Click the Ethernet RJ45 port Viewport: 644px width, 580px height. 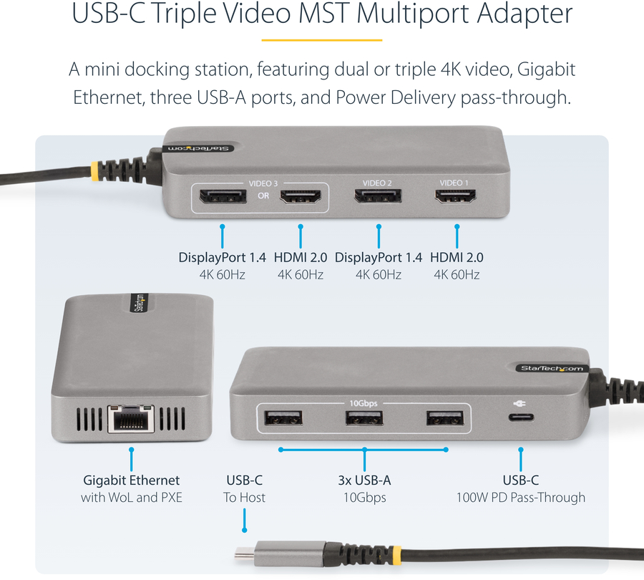tap(132, 418)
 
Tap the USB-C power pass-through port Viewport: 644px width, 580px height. tap(521, 417)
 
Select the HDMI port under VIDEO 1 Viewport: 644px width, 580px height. tap(456, 196)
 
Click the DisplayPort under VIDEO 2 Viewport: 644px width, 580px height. tap(378, 196)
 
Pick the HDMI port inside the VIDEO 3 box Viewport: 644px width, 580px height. tap(301, 197)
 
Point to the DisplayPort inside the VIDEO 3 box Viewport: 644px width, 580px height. tap(223, 196)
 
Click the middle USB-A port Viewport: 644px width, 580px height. tap(364, 418)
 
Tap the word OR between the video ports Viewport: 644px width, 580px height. tap(263, 195)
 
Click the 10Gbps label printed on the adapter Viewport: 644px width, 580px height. tap(364, 403)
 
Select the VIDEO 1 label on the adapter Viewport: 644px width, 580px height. tap(454, 183)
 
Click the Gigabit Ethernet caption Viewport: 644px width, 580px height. tap(132, 480)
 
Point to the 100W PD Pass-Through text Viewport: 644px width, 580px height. tap(521, 498)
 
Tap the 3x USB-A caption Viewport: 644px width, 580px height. tap(364, 480)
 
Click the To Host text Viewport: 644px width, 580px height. tap(245, 498)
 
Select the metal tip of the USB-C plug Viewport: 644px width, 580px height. tap(245, 553)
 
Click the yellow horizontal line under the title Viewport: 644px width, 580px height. tap(322, 40)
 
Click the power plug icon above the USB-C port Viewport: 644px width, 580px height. tap(519, 403)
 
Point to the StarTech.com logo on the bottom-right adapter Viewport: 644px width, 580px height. tap(552, 368)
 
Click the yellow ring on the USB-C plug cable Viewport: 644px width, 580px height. tap(396, 555)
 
